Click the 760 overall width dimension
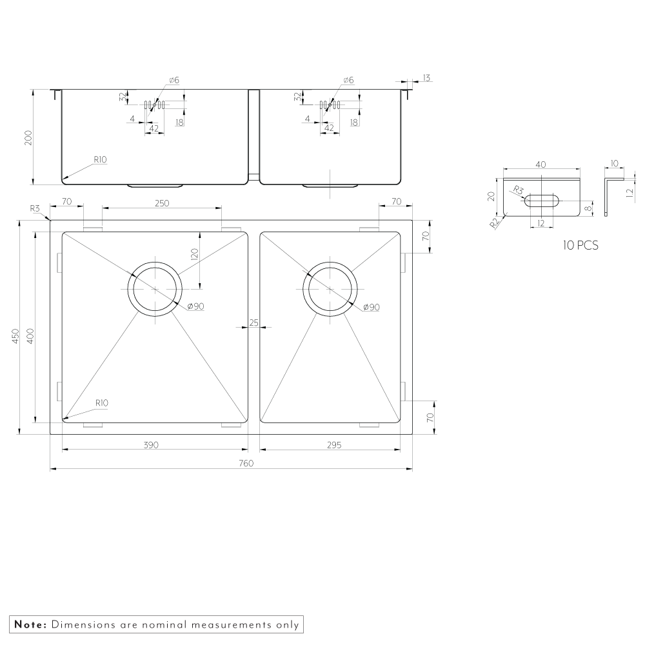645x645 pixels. point(246,463)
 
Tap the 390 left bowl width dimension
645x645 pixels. point(151,444)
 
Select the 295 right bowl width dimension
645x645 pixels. point(334,444)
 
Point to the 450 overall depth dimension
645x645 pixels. point(15,336)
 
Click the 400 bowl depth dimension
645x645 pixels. point(30,336)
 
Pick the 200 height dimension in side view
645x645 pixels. point(28,138)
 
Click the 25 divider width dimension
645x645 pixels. point(253,323)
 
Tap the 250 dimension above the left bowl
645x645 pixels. point(162,203)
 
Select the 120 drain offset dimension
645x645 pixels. point(195,253)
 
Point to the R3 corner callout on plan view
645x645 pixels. point(35,208)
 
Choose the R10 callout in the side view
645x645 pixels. point(101,159)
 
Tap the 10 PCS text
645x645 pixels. point(580,245)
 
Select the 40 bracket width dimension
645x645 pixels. point(541,164)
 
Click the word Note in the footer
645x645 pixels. point(30,624)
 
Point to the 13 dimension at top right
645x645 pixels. point(426,78)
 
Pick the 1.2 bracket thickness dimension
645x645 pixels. point(630,192)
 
